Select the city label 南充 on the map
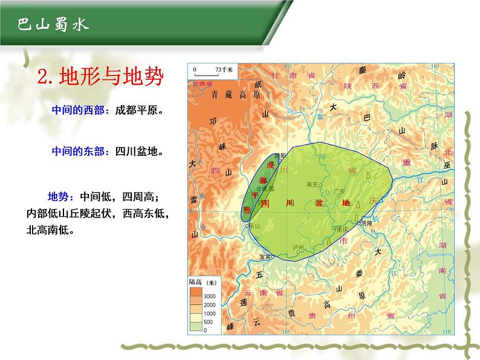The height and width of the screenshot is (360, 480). [312, 184]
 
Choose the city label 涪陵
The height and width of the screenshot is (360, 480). [366, 223]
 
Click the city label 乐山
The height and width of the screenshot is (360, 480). [254, 225]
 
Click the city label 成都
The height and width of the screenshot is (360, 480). [269, 189]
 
